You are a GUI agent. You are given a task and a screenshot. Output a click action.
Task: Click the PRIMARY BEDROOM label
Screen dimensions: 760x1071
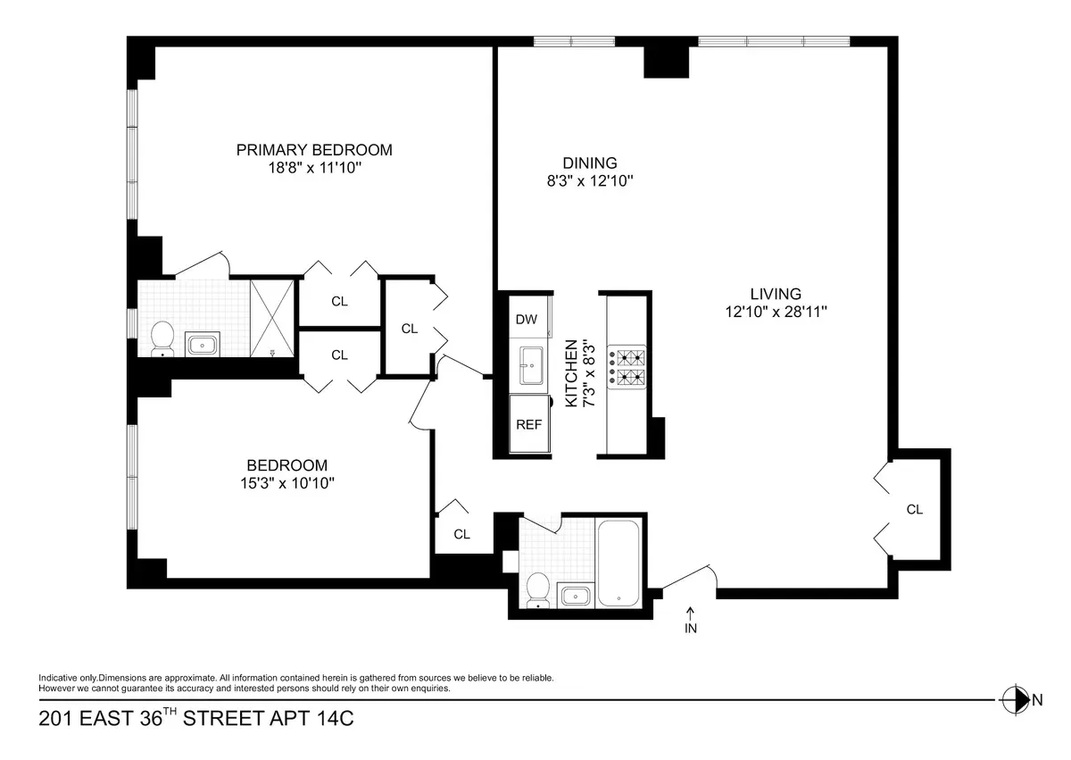(x=314, y=150)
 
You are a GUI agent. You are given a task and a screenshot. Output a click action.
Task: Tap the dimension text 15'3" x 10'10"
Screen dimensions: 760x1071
(x=287, y=483)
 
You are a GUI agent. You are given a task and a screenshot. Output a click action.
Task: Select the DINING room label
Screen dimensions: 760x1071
(x=589, y=163)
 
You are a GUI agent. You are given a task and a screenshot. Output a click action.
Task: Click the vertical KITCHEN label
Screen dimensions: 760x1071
(x=571, y=373)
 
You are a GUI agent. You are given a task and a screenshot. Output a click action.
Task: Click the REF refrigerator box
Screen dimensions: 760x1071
(x=529, y=425)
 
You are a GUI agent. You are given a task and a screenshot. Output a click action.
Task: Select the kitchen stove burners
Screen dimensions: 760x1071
(x=628, y=368)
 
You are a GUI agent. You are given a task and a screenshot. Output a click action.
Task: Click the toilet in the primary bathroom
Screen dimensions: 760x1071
(x=162, y=337)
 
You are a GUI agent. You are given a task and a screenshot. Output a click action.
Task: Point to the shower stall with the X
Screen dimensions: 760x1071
(x=271, y=317)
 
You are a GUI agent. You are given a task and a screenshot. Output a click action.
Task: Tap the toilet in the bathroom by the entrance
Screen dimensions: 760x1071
(x=538, y=589)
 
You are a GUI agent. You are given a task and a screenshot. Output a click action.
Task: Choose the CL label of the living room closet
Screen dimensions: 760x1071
(x=914, y=510)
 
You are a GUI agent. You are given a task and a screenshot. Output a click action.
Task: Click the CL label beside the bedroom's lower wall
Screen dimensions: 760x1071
(x=461, y=535)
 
